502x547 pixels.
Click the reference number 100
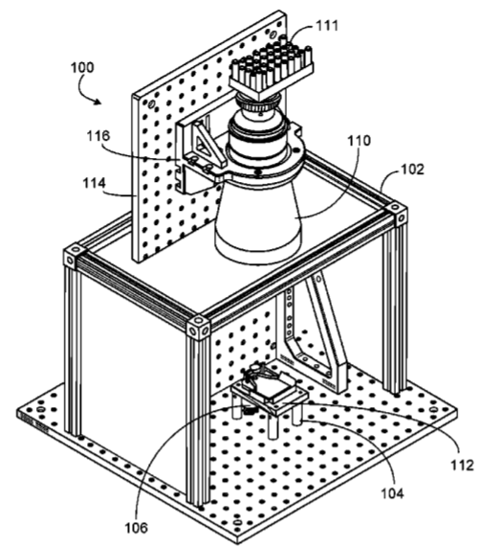[x=82, y=67]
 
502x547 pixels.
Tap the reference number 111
[x=327, y=26]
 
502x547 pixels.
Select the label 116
[x=98, y=136]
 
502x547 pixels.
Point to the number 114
[x=94, y=183]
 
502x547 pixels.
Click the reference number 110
[x=360, y=141]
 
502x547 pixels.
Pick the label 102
[x=413, y=170]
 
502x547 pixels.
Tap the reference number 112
[x=462, y=465]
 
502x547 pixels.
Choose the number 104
[x=392, y=493]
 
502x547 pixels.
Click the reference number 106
[x=137, y=528]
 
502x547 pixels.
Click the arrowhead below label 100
[x=98, y=102]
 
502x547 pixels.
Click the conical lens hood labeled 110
[x=258, y=219]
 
